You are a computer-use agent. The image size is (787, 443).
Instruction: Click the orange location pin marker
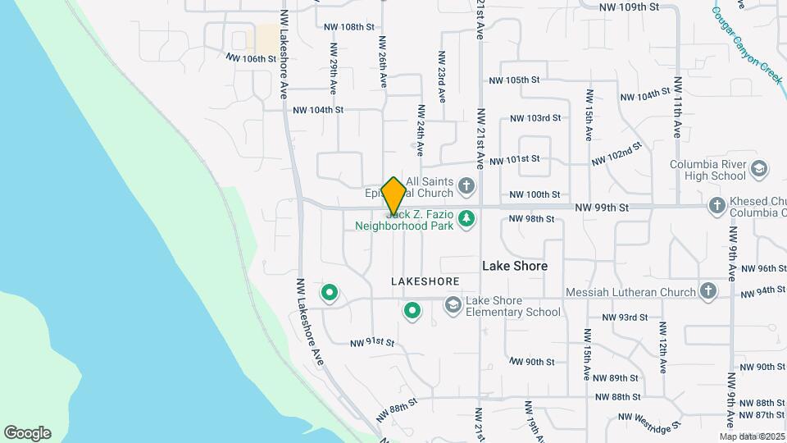pyautogui.click(x=393, y=195)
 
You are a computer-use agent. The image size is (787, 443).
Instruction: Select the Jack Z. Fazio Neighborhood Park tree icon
pyautogui.click(x=466, y=218)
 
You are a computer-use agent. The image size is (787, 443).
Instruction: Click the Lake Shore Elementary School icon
pyautogui.click(x=453, y=305)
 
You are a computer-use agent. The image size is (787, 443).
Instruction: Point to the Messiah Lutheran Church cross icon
pyautogui.click(x=708, y=291)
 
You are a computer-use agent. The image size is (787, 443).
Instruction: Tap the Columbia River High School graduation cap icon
pyautogui.click(x=760, y=169)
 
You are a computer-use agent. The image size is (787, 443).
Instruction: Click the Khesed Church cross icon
pyautogui.click(x=716, y=206)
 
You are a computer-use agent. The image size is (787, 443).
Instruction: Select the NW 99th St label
pyautogui.click(x=601, y=208)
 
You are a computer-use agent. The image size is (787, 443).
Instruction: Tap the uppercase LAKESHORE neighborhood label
pyautogui.click(x=425, y=281)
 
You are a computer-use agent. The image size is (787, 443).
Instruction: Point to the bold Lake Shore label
pyautogui.click(x=514, y=266)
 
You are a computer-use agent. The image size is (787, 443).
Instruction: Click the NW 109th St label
pyautogui.click(x=629, y=7)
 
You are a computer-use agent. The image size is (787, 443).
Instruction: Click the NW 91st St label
pyautogui.click(x=372, y=342)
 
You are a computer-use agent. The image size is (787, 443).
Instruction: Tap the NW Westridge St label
pyautogui.click(x=650, y=420)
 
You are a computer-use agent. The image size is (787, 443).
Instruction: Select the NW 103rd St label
pyautogui.click(x=535, y=118)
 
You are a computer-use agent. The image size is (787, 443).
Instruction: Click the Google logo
pyautogui.click(x=27, y=433)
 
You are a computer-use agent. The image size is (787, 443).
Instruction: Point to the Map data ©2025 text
pyautogui.click(x=752, y=436)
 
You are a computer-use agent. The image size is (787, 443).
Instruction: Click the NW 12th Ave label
pyautogui.click(x=662, y=349)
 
